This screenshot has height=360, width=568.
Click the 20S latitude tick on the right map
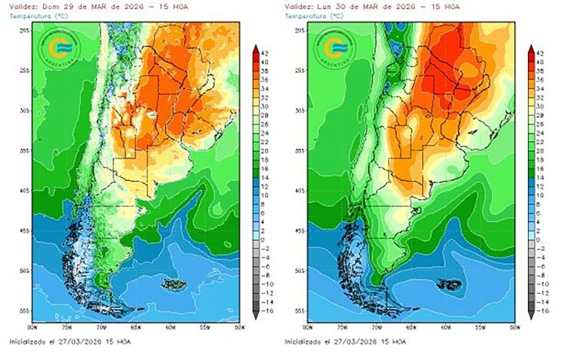pos(300,29)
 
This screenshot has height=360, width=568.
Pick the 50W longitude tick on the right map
pos(513,327)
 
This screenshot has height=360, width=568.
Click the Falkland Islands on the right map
pos(450,285)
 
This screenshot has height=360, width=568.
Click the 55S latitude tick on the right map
pos(300,312)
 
